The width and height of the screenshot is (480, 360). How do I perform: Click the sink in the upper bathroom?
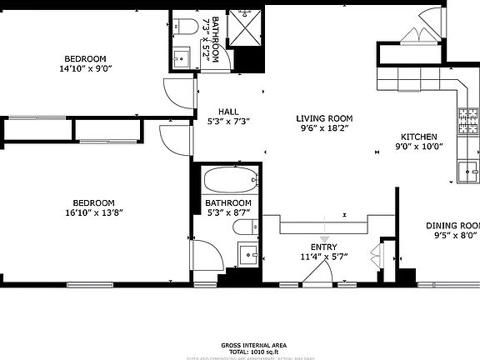(x=182, y=59)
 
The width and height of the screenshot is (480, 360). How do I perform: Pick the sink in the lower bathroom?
(x=249, y=254)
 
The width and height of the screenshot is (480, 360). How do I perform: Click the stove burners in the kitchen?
(x=467, y=122)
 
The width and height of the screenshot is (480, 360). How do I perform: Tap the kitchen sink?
(x=469, y=172)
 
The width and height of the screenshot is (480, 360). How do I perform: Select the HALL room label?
(x=228, y=111)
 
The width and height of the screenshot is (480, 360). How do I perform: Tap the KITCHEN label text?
(x=418, y=137)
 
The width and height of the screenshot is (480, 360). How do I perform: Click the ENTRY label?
(x=323, y=247)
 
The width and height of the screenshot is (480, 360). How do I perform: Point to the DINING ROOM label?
(x=453, y=226)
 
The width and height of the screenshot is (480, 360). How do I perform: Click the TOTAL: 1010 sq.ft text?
(x=254, y=351)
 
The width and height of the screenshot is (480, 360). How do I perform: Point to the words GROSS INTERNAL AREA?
(x=254, y=344)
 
